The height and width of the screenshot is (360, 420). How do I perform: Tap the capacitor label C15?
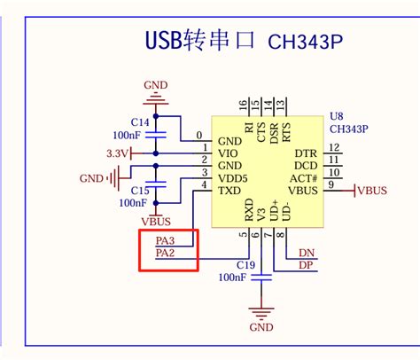click(x=139, y=191)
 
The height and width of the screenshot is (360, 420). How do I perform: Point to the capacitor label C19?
click(x=245, y=264)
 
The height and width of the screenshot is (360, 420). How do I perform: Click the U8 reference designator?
click(x=335, y=116)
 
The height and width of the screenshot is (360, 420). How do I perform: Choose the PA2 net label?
click(x=165, y=254)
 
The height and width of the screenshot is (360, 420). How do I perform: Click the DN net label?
click(x=307, y=253)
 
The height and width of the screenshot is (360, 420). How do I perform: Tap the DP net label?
click(x=306, y=265)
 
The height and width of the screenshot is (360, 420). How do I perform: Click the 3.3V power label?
click(x=117, y=153)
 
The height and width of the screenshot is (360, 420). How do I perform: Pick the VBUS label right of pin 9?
click(x=372, y=190)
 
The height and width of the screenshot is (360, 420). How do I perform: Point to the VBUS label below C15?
click(x=156, y=221)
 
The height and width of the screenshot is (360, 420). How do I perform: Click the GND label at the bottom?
click(x=261, y=327)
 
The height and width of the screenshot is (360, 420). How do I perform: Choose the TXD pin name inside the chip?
click(x=229, y=191)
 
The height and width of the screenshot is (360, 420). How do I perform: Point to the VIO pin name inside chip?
click(x=229, y=153)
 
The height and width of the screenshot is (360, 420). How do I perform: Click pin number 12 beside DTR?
click(x=334, y=147)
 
